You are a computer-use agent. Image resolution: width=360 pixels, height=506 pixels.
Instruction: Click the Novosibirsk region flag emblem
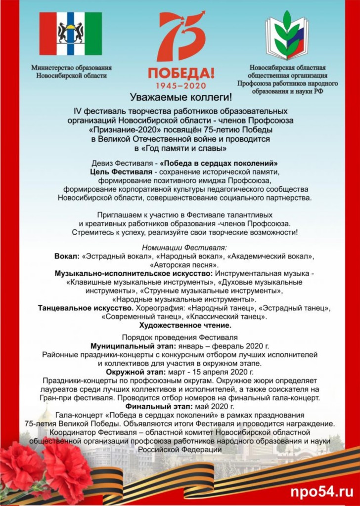(71, 34)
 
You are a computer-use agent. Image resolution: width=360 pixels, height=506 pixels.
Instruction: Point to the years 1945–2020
(181, 85)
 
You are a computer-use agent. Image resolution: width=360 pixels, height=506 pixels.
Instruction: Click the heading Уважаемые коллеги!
(180, 97)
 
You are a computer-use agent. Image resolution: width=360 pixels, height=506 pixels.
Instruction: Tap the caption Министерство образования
(71, 68)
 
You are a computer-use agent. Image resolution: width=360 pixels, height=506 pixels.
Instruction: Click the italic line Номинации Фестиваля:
(180, 247)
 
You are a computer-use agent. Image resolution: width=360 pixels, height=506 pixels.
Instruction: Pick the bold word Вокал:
(67, 256)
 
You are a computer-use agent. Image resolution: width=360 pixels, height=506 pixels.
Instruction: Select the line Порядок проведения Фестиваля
(180, 338)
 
